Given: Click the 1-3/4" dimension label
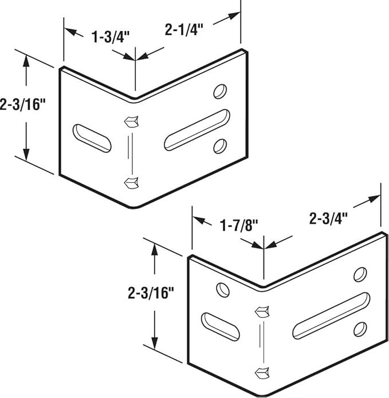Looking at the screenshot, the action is click(x=111, y=37).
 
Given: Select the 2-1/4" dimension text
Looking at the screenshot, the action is click(x=184, y=29).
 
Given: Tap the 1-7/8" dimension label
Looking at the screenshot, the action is click(x=239, y=225).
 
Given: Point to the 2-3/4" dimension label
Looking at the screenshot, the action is click(x=328, y=218).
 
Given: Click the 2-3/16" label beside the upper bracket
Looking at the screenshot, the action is click(x=22, y=104).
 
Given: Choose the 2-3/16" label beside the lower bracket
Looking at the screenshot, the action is click(x=151, y=293).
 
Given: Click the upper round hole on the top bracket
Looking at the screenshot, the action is click(x=220, y=91).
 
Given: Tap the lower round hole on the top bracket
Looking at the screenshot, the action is click(x=220, y=146).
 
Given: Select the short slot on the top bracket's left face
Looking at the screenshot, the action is click(x=92, y=139).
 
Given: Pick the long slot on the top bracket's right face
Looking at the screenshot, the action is click(x=197, y=130).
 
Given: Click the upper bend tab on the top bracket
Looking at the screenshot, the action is click(x=131, y=121).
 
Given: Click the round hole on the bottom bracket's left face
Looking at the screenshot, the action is click(x=223, y=290).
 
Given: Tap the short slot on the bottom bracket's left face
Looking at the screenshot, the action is click(x=221, y=326).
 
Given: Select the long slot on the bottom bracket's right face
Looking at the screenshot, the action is click(x=331, y=316).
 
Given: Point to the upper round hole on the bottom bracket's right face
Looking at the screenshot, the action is click(x=360, y=274).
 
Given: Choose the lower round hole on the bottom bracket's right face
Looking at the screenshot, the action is click(x=360, y=329).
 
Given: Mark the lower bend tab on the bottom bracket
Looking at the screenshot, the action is click(x=262, y=373).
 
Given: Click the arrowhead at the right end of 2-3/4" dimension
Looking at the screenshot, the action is click(x=375, y=199).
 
